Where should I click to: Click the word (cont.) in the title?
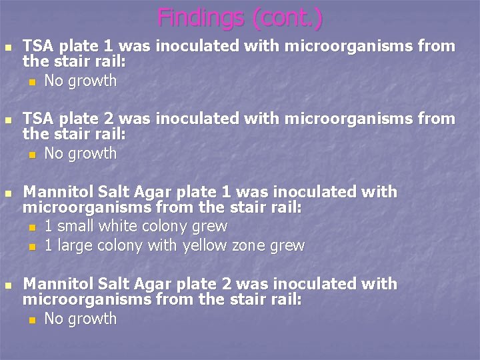pos(287,17)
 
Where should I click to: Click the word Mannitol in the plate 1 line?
pos(53,192)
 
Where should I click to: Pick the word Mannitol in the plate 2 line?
pos(53,284)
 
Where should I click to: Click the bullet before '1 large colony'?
pos(31,247)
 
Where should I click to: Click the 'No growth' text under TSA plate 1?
pos(80,81)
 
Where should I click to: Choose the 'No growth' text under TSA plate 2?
pos(80,154)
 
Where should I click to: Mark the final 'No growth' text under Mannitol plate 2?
pos(80,319)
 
